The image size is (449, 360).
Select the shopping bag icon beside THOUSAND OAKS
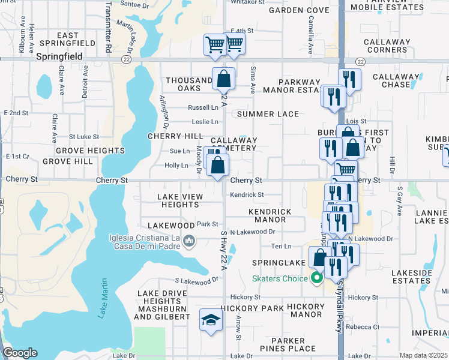[x=223, y=78]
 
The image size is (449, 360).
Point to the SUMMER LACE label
[x=267, y=114]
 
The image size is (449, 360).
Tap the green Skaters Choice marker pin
[x=316, y=277]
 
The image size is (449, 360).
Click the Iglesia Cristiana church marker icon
[x=190, y=241]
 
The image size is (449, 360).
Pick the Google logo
[x=20, y=353]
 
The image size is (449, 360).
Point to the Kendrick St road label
[x=247, y=194]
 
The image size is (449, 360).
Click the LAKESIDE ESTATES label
[x=412, y=277]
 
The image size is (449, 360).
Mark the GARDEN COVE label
[x=299, y=10]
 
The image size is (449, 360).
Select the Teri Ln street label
[x=281, y=246]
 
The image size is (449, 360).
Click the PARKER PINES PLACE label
[x=288, y=344]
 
